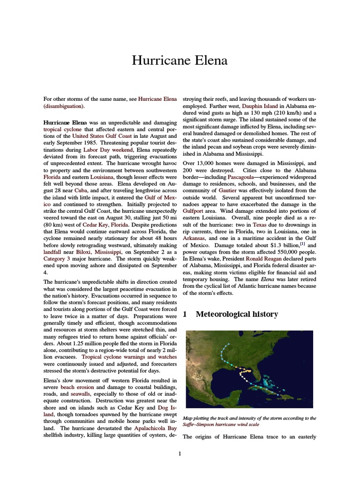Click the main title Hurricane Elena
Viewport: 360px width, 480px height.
[180, 60]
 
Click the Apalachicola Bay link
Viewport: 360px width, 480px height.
[155, 428]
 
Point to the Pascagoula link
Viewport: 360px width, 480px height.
[243, 177]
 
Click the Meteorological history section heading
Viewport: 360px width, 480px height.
[236, 314]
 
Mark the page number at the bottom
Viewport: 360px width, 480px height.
[180, 453]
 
